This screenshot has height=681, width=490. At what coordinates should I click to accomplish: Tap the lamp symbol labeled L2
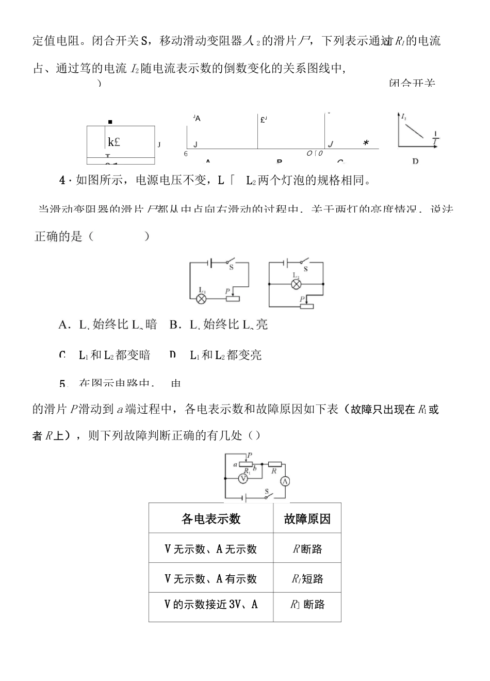(296, 284)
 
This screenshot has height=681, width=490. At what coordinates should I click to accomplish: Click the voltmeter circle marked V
(243, 478)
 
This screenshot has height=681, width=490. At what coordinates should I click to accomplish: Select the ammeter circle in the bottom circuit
(285, 481)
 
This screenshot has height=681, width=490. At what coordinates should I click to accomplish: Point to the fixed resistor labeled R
(274, 464)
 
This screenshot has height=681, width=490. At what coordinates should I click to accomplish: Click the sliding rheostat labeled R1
(246, 464)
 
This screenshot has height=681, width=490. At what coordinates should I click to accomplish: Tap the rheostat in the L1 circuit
(233, 299)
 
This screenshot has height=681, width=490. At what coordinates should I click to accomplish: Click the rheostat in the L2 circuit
(307, 306)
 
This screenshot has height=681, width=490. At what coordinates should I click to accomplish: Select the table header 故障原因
(307, 518)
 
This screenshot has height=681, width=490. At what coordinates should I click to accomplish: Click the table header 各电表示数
(211, 518)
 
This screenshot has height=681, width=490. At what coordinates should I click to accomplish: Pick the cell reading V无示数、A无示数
(211, 549)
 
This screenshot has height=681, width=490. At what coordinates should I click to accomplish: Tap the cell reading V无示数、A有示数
(211, 579)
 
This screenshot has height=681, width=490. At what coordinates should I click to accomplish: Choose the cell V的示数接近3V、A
(211, 605)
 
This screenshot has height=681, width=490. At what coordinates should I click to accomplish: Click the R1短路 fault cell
(307, 579)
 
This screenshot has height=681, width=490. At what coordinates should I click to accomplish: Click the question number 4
(63, 180)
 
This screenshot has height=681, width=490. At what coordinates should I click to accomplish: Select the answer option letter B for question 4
(174, 325)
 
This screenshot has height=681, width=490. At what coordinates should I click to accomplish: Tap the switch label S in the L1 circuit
(231, 267)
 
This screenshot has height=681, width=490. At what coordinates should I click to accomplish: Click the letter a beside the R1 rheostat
(235, 464)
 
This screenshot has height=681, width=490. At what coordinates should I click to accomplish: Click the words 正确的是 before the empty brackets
(58, 237)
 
